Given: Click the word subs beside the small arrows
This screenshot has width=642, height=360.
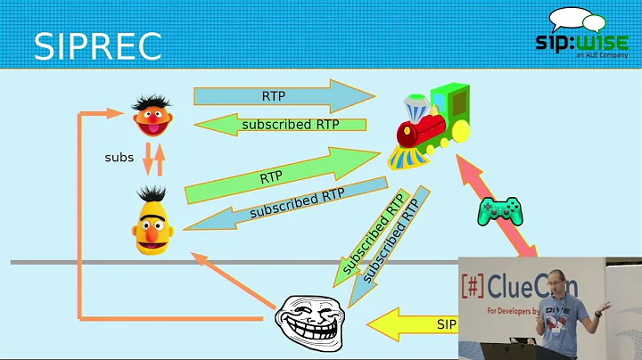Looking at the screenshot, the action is tap(119, 158).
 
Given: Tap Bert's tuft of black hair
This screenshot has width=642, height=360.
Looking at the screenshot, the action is tap(152, 192).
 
